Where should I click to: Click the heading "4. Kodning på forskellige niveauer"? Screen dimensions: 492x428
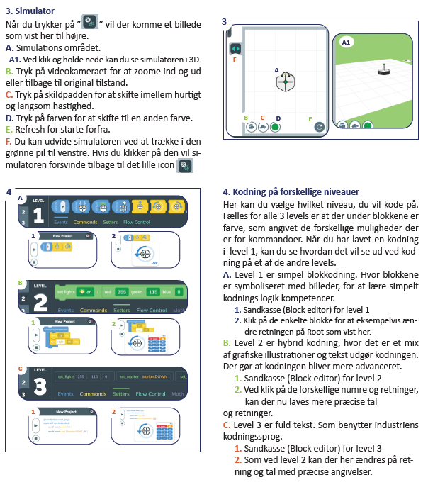[291, 191]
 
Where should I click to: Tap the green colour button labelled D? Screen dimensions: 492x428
[276, 127]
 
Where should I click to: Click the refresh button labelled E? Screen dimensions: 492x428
[320, 127]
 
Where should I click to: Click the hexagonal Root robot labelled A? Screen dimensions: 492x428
[284, 82]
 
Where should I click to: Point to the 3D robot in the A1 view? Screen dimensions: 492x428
[383, 69]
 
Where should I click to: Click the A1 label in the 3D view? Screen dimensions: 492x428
[347, 43]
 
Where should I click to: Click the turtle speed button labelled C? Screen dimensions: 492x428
[263, 127]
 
